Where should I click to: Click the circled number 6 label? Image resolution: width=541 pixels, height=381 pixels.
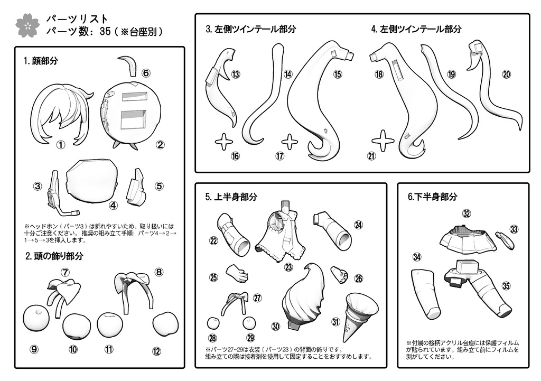(x=146, y=73)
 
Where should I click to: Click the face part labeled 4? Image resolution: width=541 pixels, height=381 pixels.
(x=94, y=180)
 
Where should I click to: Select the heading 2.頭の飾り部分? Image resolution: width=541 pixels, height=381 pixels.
(x=54, y=256)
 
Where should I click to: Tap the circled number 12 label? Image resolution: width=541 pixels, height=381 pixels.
(x=156, y=351)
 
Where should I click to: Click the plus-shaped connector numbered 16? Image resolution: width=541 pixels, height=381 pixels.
(x=223, y=141)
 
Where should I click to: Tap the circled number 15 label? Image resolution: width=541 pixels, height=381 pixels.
(x=338, y=74)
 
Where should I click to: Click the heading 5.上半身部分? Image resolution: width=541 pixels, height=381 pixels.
(x=231, y=197)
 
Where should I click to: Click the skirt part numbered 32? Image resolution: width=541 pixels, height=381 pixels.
(x=467, y=239)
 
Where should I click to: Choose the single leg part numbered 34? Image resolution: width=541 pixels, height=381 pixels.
(x=428, y=293)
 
